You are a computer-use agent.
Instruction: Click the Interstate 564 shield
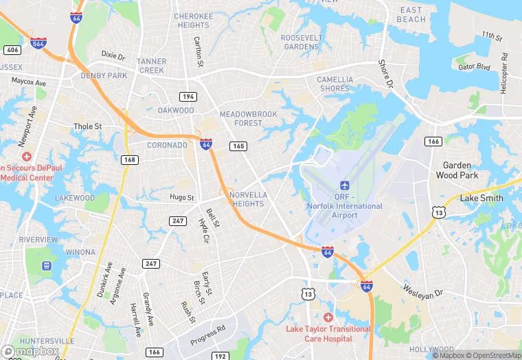pos(38,43)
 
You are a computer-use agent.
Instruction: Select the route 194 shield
pos(188,96)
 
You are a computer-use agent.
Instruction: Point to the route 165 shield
pos(239,146)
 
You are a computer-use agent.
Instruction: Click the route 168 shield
pos(129,159)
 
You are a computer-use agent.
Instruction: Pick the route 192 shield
pos(220,356)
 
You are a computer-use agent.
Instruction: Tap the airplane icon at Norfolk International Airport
pos(344,186)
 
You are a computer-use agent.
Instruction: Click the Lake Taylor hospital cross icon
pos(328,317)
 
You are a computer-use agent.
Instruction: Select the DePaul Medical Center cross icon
pos(26,157)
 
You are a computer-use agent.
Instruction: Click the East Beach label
pos(411,14)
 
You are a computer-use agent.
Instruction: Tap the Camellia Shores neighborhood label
pos(334,84)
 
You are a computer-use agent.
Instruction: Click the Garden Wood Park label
pos(457,170)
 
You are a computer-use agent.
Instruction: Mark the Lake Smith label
pos(481,198)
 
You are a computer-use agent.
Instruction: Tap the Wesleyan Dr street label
pos(424,291)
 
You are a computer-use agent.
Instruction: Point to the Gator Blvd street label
pos(475,67)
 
